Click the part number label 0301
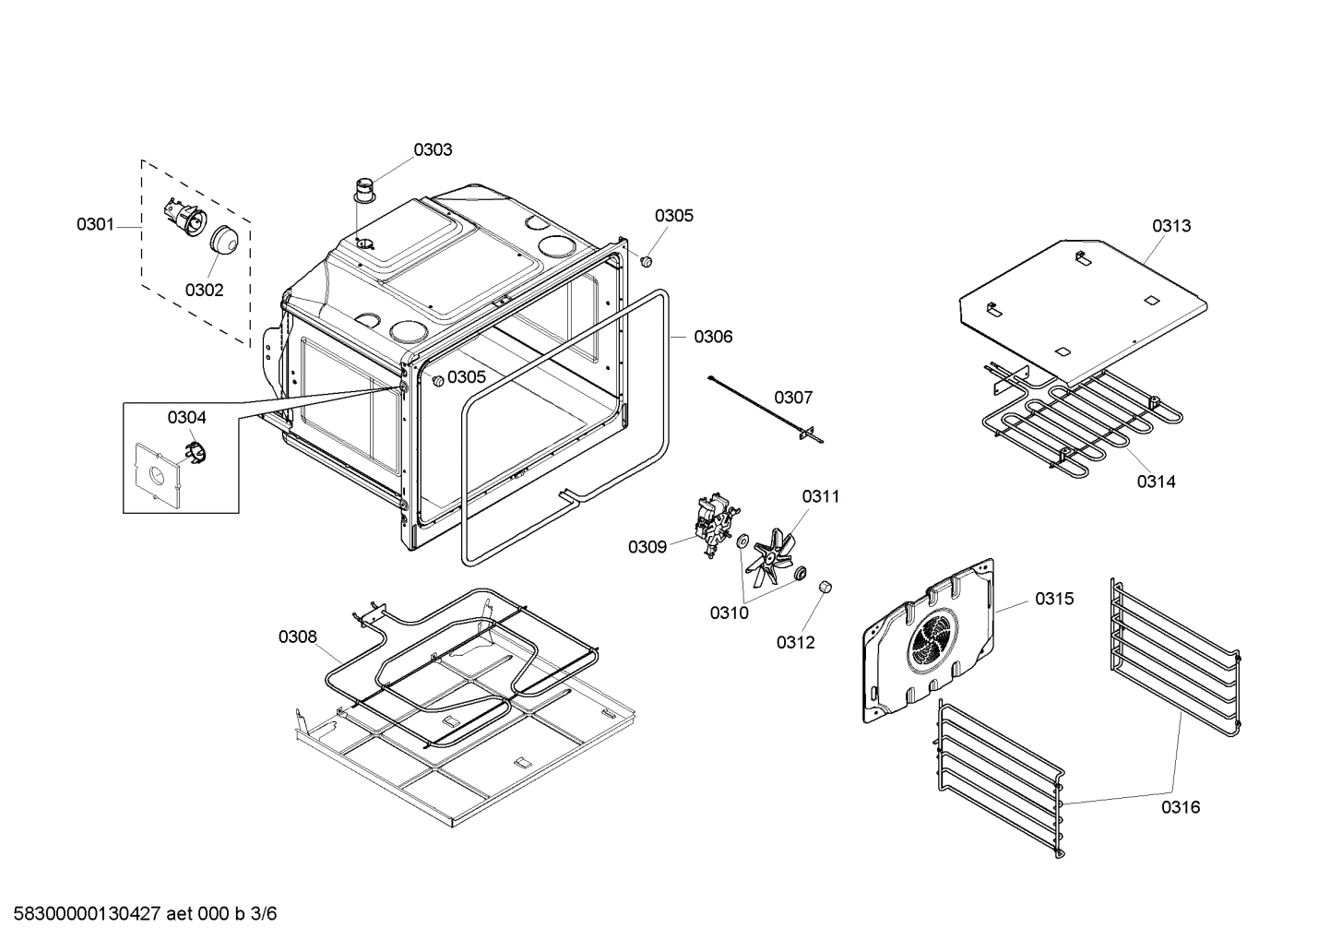click(95, 224)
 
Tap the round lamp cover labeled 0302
click(223, 239)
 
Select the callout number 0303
click(433, 149)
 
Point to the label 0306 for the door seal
click(713, 337)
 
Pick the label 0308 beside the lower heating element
click(298, 637)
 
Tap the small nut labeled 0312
click(825, 587)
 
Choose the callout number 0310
click(729, 613)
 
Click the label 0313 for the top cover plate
click(1171, 225)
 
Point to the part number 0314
click(1156, 481)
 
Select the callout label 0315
click(1053, 599)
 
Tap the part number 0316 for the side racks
click(1181, 807)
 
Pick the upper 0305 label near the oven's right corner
click(674, 215)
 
